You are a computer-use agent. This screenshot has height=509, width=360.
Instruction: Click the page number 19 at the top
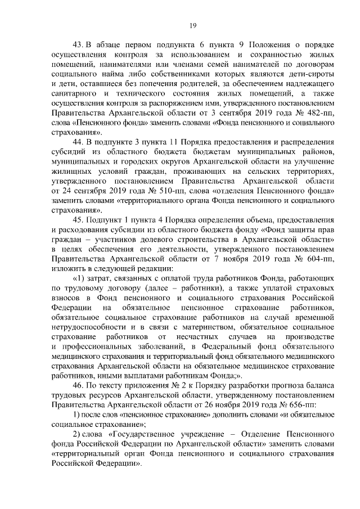point(192,24)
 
